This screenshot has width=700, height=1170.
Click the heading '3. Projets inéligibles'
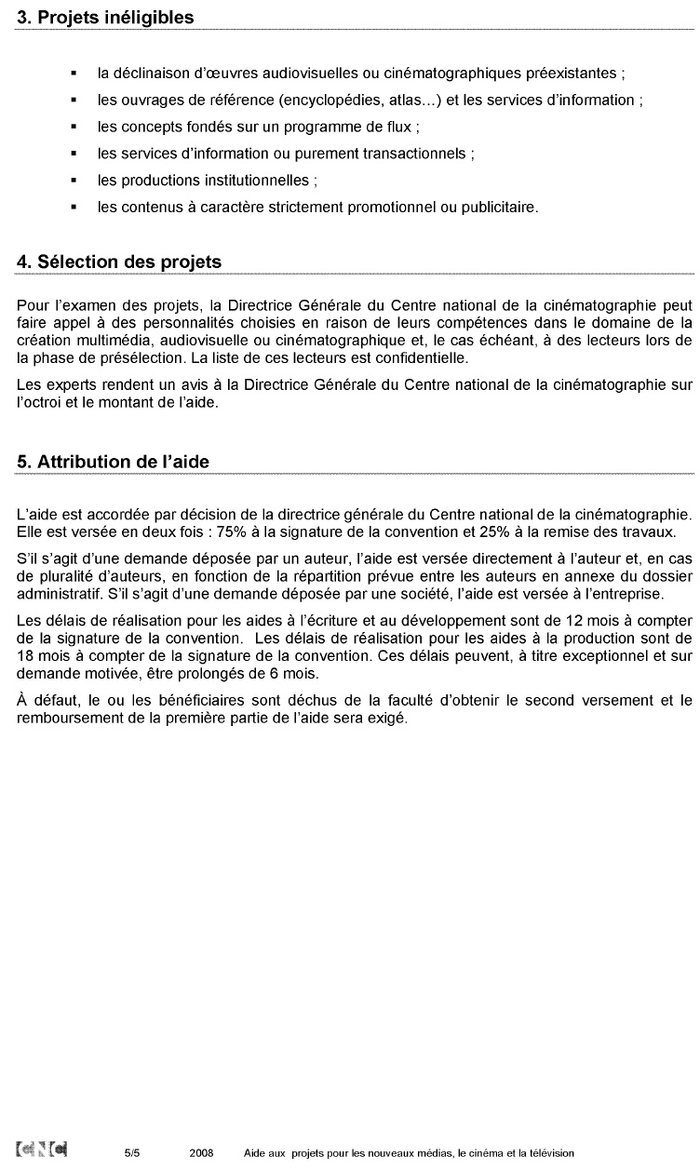tap(105, 18)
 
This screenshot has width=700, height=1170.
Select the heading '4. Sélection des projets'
tap(119, 262)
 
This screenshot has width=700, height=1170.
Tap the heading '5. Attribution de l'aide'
tap(114, 462)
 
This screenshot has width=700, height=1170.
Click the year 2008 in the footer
tap(201, 1152)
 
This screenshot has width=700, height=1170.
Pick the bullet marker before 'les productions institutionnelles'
tap(74, 181)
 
